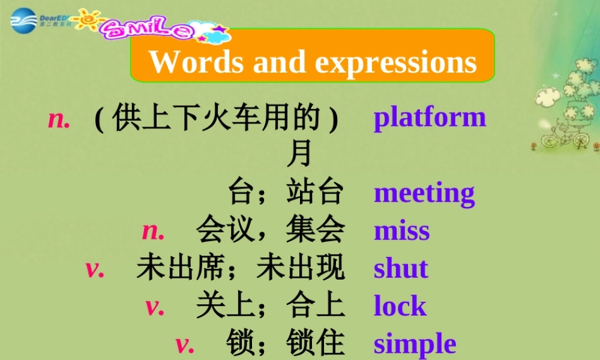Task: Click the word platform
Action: click(x=430, y=118)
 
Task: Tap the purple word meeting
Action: click(x=424, y=194)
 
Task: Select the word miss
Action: click(x=401, y=231)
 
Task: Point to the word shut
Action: click(x=401, y=269)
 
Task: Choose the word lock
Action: click(x=400, y=306)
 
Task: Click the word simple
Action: click(x=415, y=344)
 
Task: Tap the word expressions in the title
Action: click(x=396, y=62)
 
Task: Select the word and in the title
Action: click(x=280, y=61)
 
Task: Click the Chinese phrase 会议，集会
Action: click(x=270, y=231)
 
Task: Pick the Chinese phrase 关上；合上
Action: click(x=270, y=306)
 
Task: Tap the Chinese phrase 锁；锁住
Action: click(x=285, y=344)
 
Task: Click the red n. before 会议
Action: click(x=154, y=231)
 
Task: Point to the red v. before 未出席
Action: click(x=95, y=269)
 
